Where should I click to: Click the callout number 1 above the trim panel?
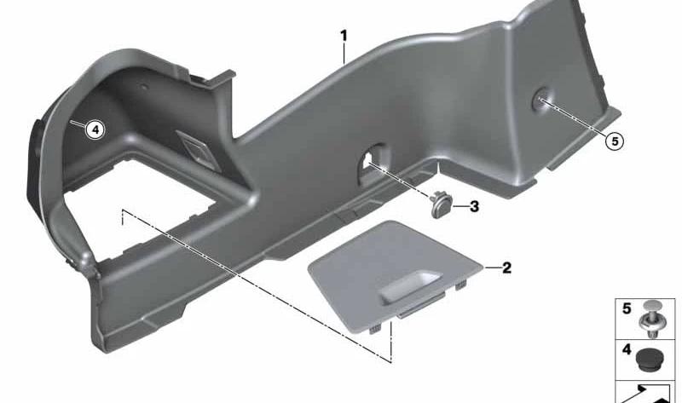pos(344,36)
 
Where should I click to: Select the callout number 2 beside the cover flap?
pos(506,268)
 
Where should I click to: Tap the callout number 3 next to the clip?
pos(474,206)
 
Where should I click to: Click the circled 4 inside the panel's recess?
pos(95,130)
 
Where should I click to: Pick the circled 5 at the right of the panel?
pos(615,141)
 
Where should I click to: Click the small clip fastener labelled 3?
pos(441,205)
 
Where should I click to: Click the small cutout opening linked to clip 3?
pos(371,162)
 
